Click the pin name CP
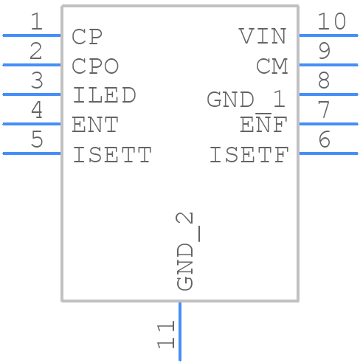click(x=87, y=36)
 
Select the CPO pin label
click(x=95, y=66)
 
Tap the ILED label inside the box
click(x=104, y=96)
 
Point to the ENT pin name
click(x=95, y=125)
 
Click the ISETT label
click(x=112, y=155)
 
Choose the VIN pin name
click(x=263, y=36)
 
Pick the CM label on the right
click(x=271, y=66)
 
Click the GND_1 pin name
click(x=246, y=100)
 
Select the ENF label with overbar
click(x=263, y=125)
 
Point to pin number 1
click(x=35, y=22)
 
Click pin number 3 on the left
click(x=35, y=81)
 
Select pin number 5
click(x=35, y=140)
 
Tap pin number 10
click(x=331, y=22)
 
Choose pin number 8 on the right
click(x=324, y=81)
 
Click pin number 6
click(x=324, y=140)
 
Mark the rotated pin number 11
click(x=166, y=334)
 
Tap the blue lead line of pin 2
click(x=32, y=65)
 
